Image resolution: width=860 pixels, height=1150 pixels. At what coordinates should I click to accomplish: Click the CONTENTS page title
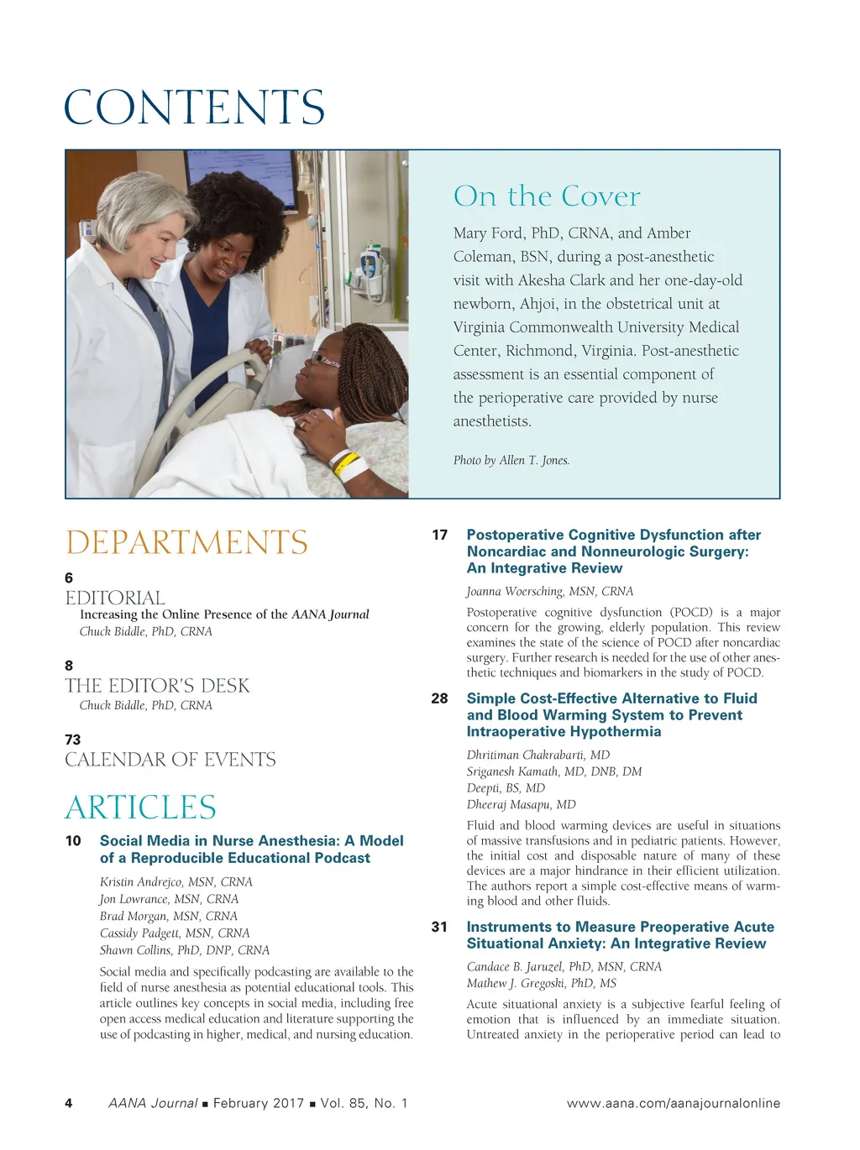[194, 107]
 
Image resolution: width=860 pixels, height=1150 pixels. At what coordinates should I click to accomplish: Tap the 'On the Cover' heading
[546, 196]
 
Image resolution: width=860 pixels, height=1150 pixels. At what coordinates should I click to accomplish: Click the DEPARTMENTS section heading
[186, 542]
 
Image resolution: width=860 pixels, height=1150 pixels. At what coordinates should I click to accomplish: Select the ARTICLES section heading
[140, 808]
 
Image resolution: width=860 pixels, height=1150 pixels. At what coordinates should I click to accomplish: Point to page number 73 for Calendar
[73, 740]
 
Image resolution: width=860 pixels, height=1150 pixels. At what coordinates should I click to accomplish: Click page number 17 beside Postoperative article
[439, 535]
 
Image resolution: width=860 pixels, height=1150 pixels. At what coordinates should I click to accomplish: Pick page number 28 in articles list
[439, 698]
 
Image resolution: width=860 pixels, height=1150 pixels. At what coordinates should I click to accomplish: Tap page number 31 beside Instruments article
[439, 927]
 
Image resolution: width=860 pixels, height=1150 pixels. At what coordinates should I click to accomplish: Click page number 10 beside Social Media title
[73, 840]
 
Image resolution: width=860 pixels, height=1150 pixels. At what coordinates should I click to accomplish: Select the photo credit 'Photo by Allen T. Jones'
[511, 460]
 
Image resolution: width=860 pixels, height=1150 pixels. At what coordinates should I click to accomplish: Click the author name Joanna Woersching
[549, 591]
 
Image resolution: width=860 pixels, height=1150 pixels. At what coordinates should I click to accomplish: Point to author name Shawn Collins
[184, 950]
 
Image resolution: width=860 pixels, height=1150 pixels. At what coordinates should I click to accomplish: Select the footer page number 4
[69, 1103]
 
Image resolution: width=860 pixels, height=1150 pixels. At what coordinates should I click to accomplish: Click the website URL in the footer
[673, 1103]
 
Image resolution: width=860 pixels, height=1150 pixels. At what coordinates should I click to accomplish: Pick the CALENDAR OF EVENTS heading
[170, 760]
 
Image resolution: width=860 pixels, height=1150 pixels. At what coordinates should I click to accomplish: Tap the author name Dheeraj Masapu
[521, 804]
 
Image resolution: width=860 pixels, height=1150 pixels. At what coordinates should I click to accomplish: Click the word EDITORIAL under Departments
[115, 598]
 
